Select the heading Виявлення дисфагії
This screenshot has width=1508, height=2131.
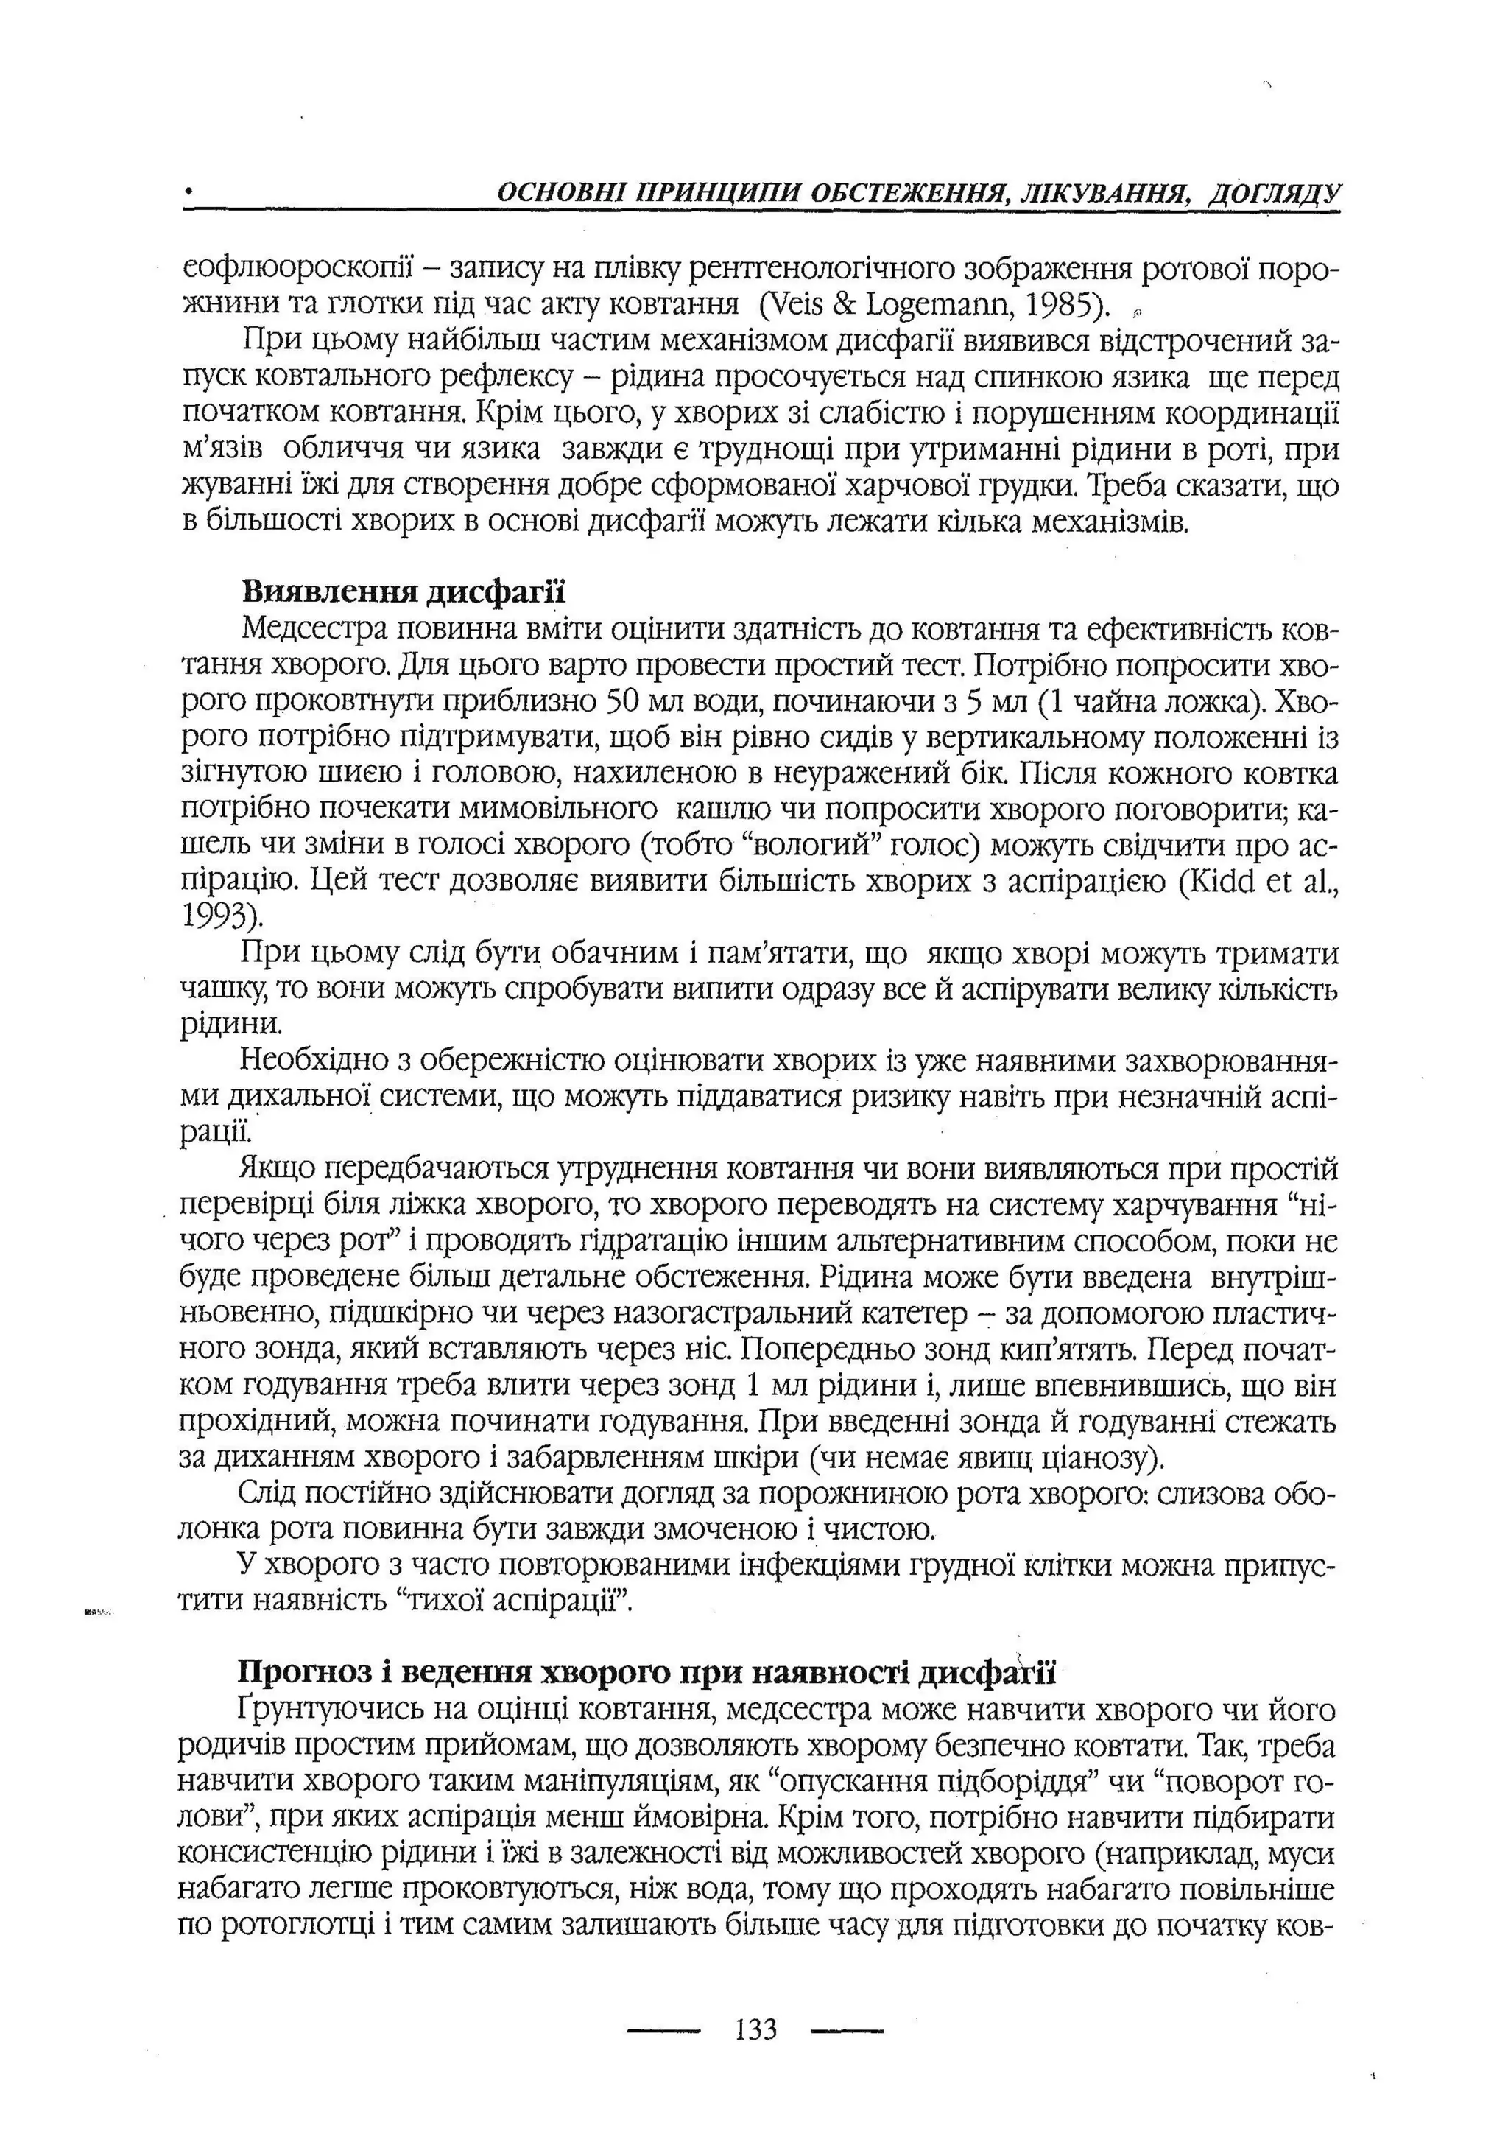pos(403,591)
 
